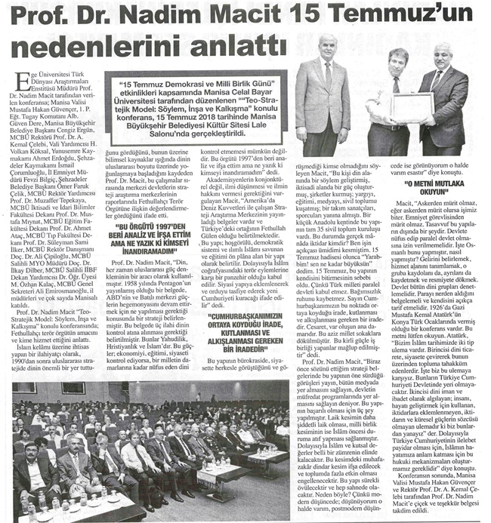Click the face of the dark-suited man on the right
(x=443, y=55)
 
